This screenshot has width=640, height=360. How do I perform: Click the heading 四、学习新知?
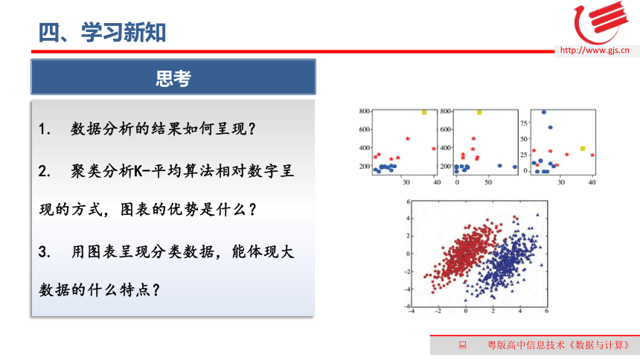tap(102, 32)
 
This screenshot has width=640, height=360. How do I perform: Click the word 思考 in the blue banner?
tap(173, 78)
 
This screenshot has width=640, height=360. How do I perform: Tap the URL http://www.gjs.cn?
tap(595, 50)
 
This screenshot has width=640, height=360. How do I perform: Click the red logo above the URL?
tap(600, 22)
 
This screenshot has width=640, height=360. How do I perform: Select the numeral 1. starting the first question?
tap(45, 129)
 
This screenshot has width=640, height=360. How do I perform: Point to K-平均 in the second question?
tap(150, 170)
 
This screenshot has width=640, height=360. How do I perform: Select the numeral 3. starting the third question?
tap(45, 252)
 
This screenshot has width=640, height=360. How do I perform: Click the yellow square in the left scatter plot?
tap(424, 112)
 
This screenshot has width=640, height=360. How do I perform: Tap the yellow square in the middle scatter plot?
tap(479, 112)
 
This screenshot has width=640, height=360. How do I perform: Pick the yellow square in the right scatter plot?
tap(583, 149)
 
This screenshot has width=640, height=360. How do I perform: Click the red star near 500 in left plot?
tap(407, 139)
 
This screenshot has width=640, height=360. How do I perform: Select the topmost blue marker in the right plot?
tap(544, 112)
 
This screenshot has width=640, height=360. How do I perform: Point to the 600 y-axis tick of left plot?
tap(364, 129)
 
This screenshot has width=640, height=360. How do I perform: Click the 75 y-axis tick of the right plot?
tap(524, 123)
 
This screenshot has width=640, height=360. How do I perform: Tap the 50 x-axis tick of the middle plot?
tap(488, 182)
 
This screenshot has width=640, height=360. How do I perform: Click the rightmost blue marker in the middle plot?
tap(515, 167)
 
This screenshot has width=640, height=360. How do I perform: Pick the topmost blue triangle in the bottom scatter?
tap(537, 215)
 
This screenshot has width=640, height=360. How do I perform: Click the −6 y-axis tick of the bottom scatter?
tap(408, 306)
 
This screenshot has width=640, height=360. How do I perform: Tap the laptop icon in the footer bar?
tap(462, 345)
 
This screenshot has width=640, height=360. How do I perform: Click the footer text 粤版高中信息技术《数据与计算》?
tap(558, 345)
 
